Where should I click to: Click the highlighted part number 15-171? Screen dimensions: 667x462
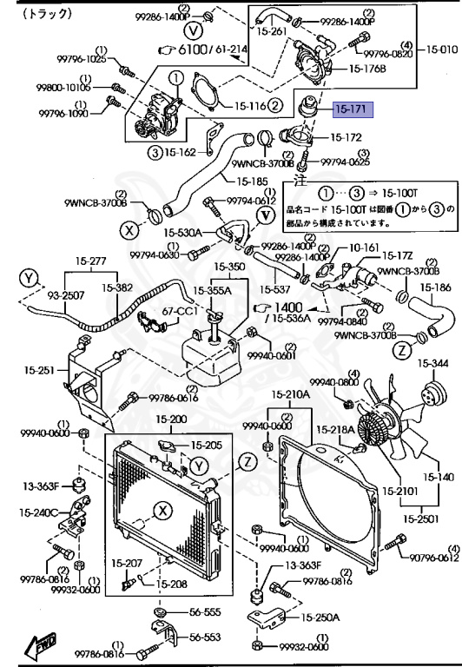coord(353,110)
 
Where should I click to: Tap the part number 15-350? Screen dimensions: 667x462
coord(230,266)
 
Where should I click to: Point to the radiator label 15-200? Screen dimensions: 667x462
coord(171,419)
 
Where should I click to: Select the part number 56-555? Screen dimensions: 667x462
coord(207,611)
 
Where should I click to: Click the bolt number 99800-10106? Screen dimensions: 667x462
coord(63,87)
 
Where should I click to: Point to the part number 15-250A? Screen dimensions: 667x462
coord(320,617)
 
